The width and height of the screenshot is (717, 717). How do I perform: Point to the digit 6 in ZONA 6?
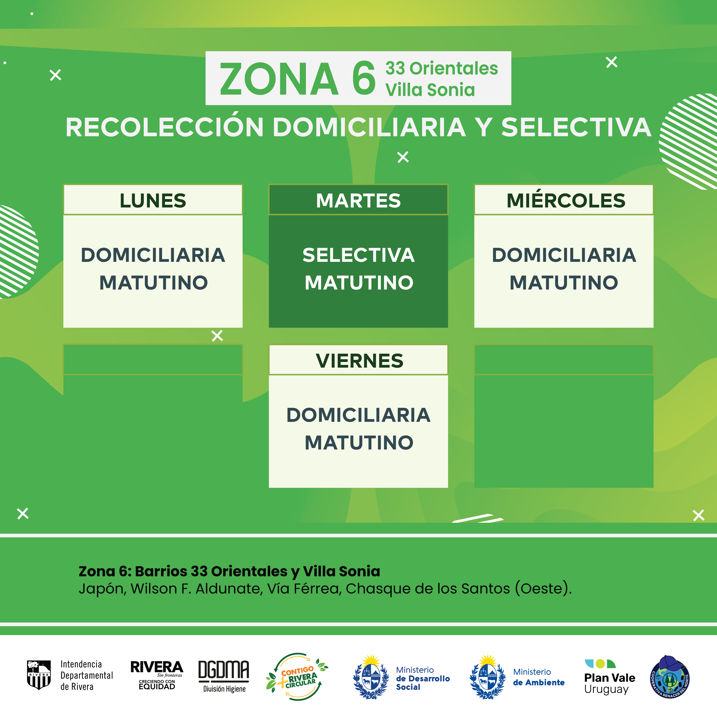click(x=364, y=78)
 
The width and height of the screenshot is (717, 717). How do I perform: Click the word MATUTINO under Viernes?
click(x=359, y=442)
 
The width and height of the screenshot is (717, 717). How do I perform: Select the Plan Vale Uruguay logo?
click(x=609, y=677)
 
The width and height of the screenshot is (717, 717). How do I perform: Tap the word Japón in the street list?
click(x=102, y=589)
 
